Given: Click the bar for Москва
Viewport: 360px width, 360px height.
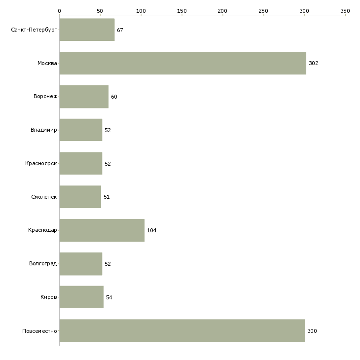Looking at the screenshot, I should (x=182, y=63).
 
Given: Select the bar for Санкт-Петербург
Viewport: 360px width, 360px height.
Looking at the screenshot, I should (x=87, y=30).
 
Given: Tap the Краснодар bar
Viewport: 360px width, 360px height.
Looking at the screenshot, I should (x=102, y=230).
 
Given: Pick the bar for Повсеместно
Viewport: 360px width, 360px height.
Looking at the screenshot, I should (x=182, y=330).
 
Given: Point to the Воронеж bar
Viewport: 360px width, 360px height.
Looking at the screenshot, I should (x=84, y=97).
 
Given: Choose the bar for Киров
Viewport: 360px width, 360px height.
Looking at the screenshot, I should (x=81, y=297).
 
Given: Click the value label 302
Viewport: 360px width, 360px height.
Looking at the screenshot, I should (x=314, y=64).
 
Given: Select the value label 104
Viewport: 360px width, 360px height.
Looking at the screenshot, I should (x=151, y=230).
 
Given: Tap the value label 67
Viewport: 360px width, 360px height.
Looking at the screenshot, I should (x=120, y=30).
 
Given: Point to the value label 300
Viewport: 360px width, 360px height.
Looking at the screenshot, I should (x=312, y=331).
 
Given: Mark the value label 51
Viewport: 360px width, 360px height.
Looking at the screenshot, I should (x=107, y=197).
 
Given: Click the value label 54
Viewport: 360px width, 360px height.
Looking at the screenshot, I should (x=109, y=297).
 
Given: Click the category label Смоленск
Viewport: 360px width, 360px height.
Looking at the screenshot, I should (x=44, y=197).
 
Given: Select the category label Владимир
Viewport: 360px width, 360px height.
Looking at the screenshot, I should (x=44, y=130).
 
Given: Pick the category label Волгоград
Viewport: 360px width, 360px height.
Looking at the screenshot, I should (x=43, y=264).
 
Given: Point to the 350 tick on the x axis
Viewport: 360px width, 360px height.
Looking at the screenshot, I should (x=345, y=10).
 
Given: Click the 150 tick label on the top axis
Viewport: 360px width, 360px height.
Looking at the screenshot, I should (x=182, y=10).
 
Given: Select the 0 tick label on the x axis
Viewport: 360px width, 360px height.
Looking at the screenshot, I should (x=60, y=10).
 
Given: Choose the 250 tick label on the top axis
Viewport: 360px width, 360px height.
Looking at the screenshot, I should (x=263, y=10).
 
